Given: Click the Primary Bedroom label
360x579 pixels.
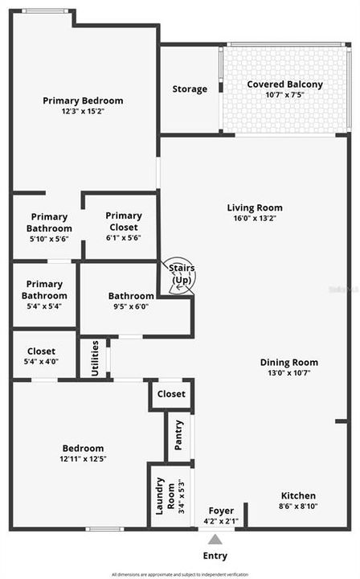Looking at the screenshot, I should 83,101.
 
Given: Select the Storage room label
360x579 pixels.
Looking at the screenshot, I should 190,89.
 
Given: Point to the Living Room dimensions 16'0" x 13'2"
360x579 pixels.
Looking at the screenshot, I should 255,218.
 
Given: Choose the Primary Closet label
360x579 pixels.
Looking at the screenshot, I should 123,216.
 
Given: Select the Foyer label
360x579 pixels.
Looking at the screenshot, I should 221,511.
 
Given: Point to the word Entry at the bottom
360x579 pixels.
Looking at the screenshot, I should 215,556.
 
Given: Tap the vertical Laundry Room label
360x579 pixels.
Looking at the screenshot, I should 160,495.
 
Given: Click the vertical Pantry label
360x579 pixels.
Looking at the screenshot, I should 179,436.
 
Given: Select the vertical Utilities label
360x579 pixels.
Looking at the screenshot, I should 95,358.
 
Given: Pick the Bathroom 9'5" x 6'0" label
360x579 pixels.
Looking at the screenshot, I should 131,296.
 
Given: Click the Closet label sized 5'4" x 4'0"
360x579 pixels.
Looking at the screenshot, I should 41,351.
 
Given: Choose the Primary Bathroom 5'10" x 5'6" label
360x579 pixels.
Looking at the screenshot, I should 49,216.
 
